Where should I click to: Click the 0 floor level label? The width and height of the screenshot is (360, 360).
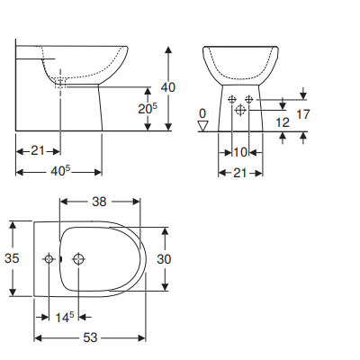coord(202,114)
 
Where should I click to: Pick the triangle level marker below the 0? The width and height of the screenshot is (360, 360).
coord(202,127)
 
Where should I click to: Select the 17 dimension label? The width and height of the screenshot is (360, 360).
coord(303,114)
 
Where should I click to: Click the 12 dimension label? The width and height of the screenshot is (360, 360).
coord(283,121)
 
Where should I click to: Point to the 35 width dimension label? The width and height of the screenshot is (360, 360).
coord(12,258)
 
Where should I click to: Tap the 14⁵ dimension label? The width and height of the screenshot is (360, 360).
coord(64,317)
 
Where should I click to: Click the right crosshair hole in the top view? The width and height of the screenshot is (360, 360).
coord(79,259)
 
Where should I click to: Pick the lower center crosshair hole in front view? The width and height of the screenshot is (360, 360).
coord(240,109)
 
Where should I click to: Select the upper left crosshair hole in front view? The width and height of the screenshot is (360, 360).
coord(232,99)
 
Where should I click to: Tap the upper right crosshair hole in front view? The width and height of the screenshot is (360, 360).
coord(249,99)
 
